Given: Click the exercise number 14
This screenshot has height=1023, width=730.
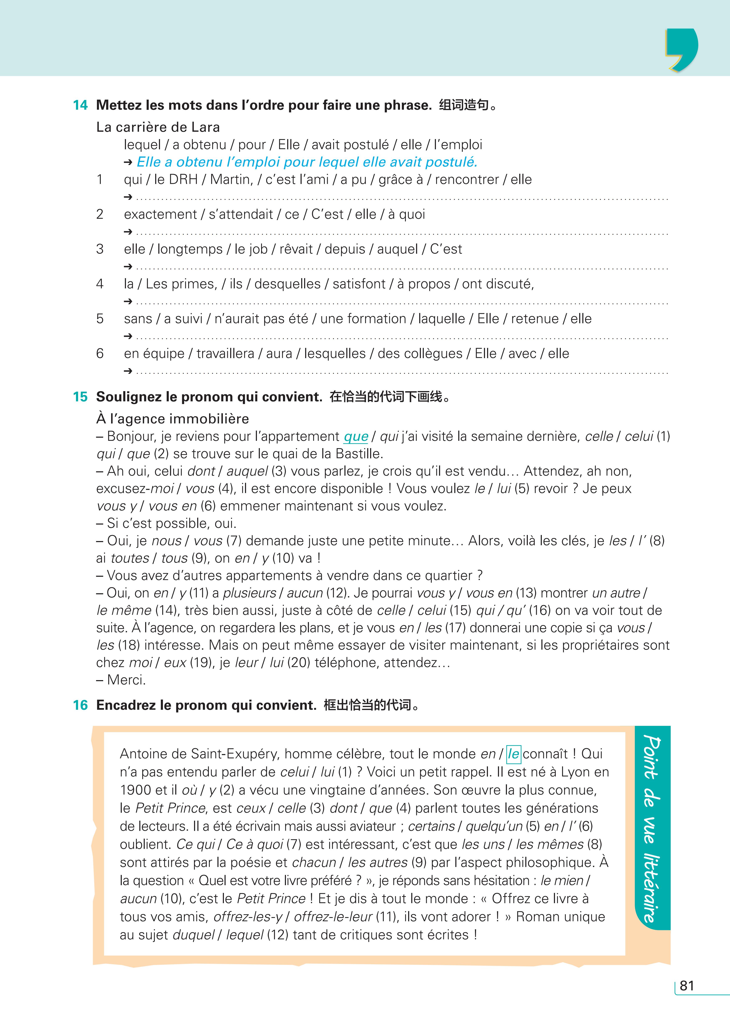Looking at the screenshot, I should pyautogui.click(x=80, y=105).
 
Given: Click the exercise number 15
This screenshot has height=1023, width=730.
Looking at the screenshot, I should pyautogui.click(x=80, y=397).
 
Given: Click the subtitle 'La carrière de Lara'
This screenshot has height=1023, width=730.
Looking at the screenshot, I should pyautogui.click(x=158, y=127).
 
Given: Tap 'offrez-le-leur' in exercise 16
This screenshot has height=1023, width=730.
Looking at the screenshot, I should pyautogui.click(x=333, y=917).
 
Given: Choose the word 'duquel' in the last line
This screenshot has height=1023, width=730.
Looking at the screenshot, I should pyautogui.click(x=194, y=934).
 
